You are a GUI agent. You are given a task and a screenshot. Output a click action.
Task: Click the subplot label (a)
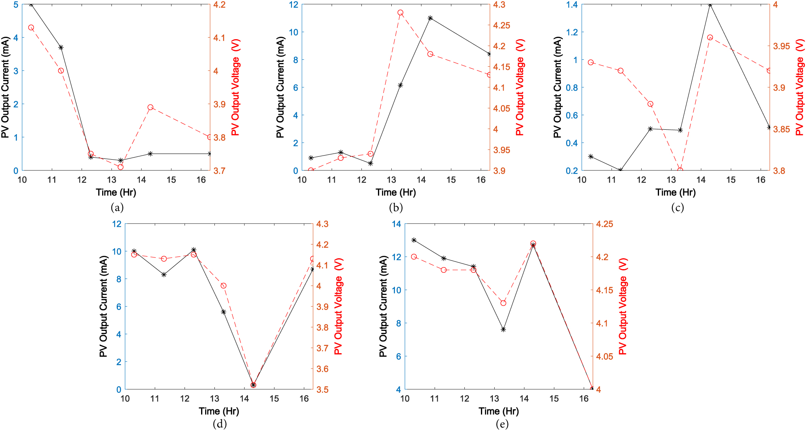[x=117, y=208]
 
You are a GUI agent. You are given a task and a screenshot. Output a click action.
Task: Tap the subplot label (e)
[x=502, y=424]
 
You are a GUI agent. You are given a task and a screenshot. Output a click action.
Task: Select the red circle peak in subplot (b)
[x=400, y=13]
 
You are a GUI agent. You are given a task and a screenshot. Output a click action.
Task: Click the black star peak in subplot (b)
[x=430, y=18]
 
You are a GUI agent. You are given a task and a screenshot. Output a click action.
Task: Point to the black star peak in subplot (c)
[x=710, y=5]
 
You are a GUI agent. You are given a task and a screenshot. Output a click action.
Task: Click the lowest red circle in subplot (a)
[x=120, y=167]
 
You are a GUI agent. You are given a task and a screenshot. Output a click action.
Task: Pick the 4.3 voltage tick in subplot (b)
[x=499, y=5]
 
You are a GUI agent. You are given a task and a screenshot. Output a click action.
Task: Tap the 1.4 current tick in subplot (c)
[x=572, y=5]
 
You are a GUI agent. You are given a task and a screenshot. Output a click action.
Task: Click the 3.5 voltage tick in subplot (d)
[x=322, y=390]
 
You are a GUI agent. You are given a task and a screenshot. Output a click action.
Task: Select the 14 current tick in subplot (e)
[x=397, y=224]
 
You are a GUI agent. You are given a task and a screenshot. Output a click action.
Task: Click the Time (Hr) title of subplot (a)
[x=116, y=192]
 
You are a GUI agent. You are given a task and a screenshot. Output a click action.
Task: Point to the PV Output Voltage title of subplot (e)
[x=623, y=307]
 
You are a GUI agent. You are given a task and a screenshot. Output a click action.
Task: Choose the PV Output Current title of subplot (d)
[x=103, y=307]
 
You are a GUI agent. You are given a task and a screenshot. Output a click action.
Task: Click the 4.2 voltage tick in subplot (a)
[x=219, y=5]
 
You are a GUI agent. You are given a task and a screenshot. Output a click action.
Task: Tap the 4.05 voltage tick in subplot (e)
[x=604, y=356]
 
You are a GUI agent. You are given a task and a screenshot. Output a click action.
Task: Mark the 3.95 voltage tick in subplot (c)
[x=781, y=46]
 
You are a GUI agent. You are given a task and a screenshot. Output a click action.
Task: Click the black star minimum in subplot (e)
[x=592, y=389]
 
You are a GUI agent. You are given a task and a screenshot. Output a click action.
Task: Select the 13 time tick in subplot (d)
[x=214, y=399]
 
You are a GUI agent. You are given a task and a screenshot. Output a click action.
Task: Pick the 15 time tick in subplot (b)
[x=451, y=180]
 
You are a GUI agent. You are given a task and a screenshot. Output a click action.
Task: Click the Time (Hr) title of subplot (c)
[x=676, y=192]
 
